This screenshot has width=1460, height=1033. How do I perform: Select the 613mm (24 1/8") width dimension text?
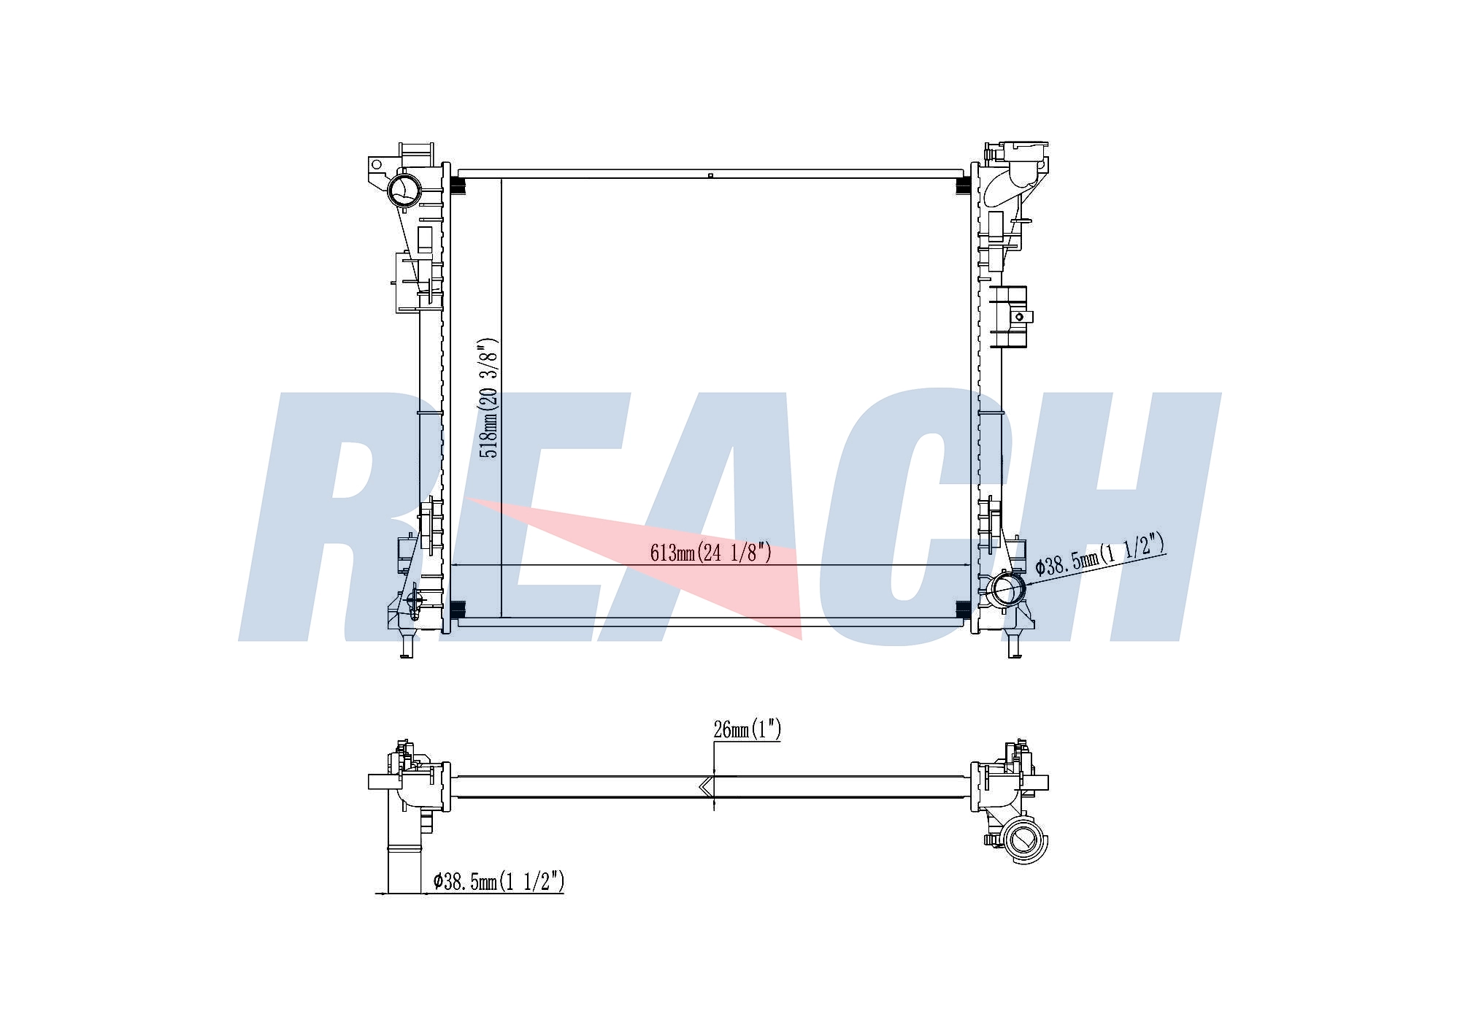(x=710, y=553)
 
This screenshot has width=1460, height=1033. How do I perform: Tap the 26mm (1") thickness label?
(x=747, y=729)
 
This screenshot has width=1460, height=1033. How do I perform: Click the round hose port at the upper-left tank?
(x=404, y=190)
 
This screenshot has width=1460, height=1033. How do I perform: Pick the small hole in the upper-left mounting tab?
(x=377, y=165)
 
